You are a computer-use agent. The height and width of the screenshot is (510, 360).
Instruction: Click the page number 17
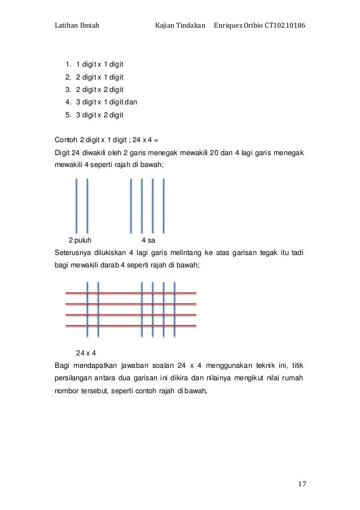[301, 484]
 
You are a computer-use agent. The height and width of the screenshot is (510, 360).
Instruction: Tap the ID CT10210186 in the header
[285, 27]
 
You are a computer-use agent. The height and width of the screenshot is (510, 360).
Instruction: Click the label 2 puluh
[80, 239]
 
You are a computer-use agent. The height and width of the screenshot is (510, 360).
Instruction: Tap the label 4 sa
[148, 239]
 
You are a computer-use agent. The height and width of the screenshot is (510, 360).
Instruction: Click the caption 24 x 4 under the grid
[86, 353]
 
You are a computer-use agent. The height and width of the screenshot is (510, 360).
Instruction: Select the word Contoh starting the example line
[66, 140]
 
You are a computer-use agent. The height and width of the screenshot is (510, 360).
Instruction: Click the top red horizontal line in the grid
[131, 293]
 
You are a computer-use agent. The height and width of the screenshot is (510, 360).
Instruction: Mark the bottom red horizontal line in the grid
[131, 326]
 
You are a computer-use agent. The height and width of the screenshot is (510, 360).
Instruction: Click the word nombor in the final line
[67, 392]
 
